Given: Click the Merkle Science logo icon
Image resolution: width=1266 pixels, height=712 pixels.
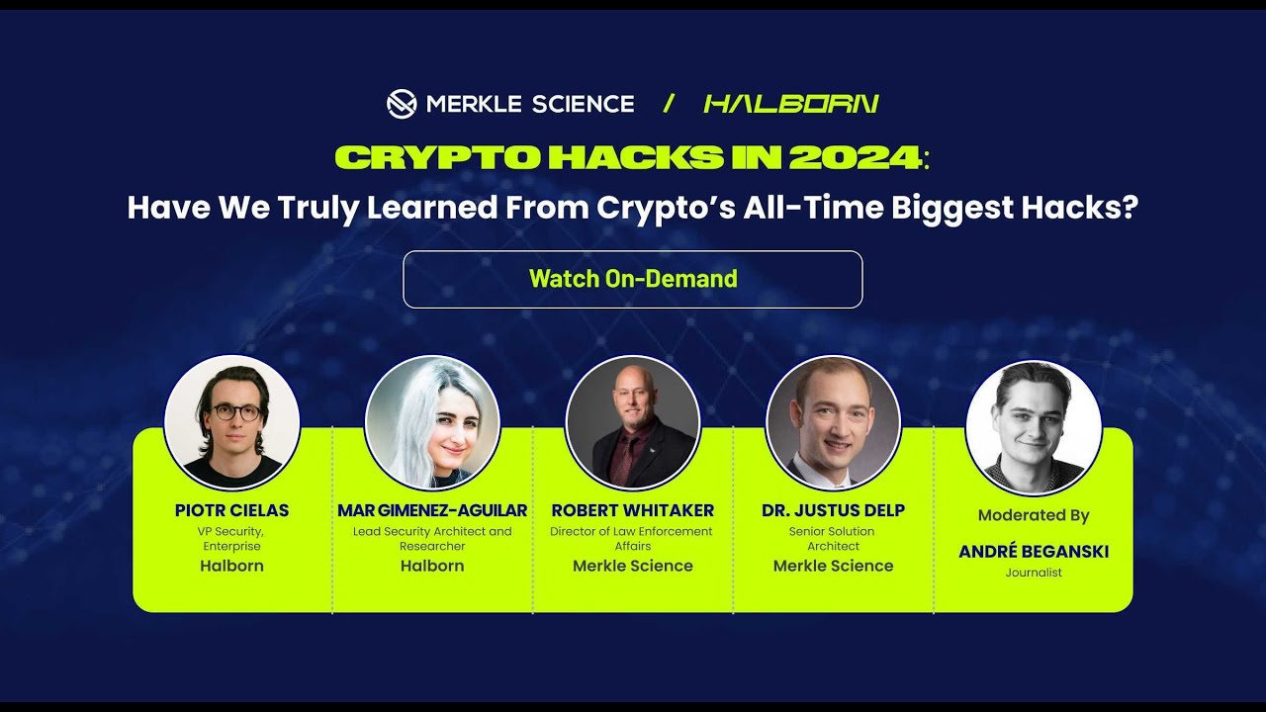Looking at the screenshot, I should point(401,103).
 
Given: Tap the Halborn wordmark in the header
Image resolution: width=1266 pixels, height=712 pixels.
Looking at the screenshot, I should point(791,103).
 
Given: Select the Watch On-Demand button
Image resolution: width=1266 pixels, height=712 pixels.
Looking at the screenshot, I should point(633,279).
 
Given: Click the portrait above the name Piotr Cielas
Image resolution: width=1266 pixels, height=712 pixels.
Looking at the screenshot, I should point(232,422).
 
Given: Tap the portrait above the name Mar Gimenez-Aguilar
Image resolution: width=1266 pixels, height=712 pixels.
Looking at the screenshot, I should point(432,422).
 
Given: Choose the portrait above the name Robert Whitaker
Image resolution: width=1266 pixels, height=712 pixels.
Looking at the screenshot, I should point(633,422).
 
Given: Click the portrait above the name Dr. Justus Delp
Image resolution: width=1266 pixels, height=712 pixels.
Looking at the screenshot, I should point(833,422).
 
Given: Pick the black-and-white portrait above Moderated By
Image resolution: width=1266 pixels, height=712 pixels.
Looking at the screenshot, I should point(1034,427).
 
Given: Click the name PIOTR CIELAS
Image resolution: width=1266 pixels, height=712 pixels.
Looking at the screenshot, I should point(232,510).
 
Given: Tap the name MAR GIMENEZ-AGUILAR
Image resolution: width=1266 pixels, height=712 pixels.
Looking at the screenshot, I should point(432,510).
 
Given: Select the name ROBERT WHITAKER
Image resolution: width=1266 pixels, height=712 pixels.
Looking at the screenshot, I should point(633,510).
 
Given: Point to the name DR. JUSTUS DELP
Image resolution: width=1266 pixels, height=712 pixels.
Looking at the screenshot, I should point(833,510).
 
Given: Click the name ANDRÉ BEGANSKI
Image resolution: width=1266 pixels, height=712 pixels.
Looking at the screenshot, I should point(1034,552).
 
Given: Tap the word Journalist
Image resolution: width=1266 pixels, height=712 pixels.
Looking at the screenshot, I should point(1034,573).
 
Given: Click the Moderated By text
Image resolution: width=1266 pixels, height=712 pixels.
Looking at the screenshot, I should point(1034,515).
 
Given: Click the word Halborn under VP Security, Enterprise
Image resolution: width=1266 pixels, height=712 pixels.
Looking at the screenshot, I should point(232,566).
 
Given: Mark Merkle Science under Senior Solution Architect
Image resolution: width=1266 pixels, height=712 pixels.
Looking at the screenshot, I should point(833,566).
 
